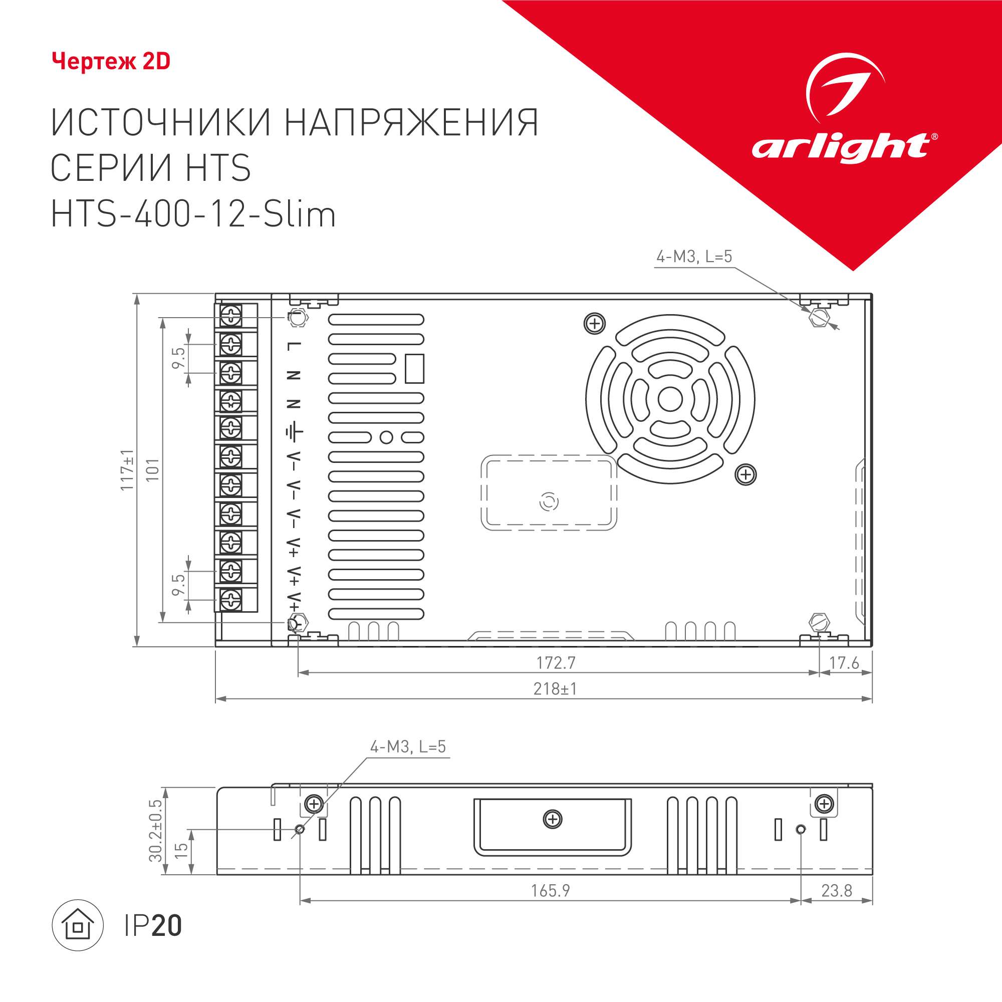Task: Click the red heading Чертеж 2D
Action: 111,62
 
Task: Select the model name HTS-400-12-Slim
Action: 193,215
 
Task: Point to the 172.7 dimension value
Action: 556,663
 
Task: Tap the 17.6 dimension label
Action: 844,663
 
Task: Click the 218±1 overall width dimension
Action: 555,689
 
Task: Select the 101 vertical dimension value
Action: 152,470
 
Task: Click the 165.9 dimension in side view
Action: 550,891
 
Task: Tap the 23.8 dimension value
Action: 837,891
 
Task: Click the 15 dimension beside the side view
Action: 181,851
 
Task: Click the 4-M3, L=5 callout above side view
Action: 408,747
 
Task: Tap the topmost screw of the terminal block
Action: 231,315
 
